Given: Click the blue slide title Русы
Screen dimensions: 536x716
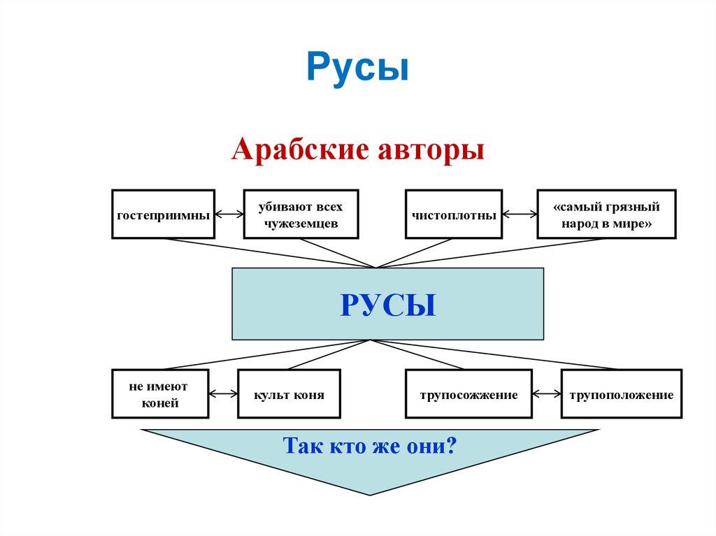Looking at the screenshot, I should [x=357, y=68].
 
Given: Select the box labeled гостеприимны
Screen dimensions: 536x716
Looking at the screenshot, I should [x=163, y=215].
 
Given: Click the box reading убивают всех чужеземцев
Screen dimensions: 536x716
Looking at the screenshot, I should [x=301, y=215].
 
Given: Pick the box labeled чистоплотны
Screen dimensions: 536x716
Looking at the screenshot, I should [x=453, y=215].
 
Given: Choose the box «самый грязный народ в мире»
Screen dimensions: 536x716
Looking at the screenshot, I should [x=606, y=215].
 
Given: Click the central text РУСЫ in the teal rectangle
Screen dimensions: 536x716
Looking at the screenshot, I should [x=388, y=305].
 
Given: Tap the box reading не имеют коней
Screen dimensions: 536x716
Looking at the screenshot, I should [x=160, y=394].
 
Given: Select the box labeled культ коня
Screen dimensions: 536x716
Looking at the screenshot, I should [x=289, y=394].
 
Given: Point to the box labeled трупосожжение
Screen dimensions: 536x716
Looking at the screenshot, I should [x=468, y=394].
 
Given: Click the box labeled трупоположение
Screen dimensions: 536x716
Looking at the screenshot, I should [x=621, y=394].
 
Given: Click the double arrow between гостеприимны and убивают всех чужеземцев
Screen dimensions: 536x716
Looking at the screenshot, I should [x=229, y=215].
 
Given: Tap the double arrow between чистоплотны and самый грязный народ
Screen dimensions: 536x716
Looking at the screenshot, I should [x=520, y=215].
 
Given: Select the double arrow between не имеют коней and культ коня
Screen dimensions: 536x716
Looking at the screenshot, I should [x=223, y=394].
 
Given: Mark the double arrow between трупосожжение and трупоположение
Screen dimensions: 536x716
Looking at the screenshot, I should [x=546, y=394].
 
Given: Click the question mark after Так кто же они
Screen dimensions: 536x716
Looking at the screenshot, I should [x=450, y=445].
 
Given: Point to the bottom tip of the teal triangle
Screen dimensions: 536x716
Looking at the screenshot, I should [x=370, y=494].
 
